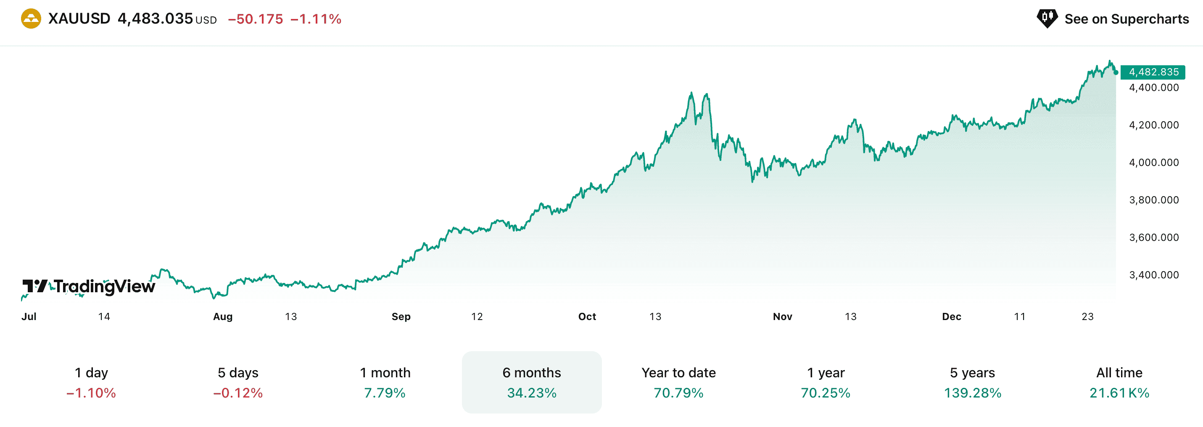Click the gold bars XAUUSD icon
[x=31, y=19]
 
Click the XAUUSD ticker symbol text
[x=79, y=19]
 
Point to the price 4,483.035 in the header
[x=155, y=19]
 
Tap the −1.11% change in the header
[x=316, y=19]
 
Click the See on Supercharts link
[x=1126, y=19]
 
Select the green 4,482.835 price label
[x=1153, y=72]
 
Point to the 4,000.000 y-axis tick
[x=1153, y=162]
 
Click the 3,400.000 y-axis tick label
[x=1153, y=275]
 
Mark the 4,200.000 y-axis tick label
[x=1153, y=125]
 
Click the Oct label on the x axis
[x=587, y=317]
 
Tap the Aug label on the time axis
[x=223, y=317]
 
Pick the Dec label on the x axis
[x=951, y=317]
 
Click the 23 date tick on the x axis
[x=1087, y=317]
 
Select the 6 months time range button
[x=531, y=382]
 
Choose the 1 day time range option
[x=91, y=382]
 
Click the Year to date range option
[x=678, y=382]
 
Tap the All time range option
[x=1119, y=382]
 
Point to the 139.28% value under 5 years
[x=972, y=393]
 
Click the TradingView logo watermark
[x=89, y=286]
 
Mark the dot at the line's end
[x=1116, y=72]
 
